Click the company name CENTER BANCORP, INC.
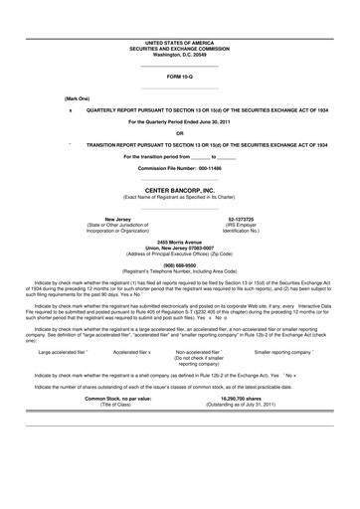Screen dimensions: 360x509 pyautogui.click(x=179, y=188)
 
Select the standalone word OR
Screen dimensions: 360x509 pyautogui.click(x=179, y=132)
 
